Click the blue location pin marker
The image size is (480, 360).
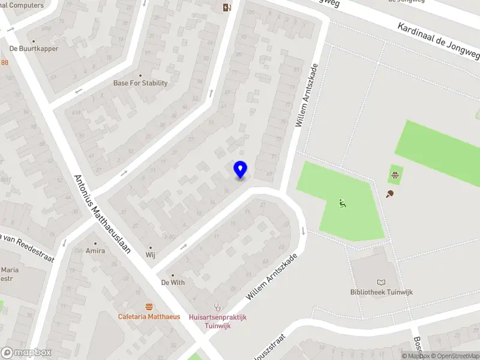click(240, 170)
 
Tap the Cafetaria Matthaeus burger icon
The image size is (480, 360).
click(149, 307)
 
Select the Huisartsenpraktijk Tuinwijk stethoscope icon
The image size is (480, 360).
click(217, 307)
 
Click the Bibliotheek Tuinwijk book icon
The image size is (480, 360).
click(382, 282)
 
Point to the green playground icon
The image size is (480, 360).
click(343, 203)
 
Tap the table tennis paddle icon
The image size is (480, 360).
click(391, 194)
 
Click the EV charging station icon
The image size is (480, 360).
click(227, 8)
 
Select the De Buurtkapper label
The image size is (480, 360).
click(34, 49)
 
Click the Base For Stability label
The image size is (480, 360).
click(140, 83)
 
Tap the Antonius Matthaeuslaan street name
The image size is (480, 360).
click(103, 214)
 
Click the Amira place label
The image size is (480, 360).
click(95, 250)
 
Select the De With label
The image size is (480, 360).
click(173, 282)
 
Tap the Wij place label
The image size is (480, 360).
click(150, 254)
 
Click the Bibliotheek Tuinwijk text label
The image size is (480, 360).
click(382, 292)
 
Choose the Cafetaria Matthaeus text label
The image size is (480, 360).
click(149, 316)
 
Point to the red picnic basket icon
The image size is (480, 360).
click(395, 176)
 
